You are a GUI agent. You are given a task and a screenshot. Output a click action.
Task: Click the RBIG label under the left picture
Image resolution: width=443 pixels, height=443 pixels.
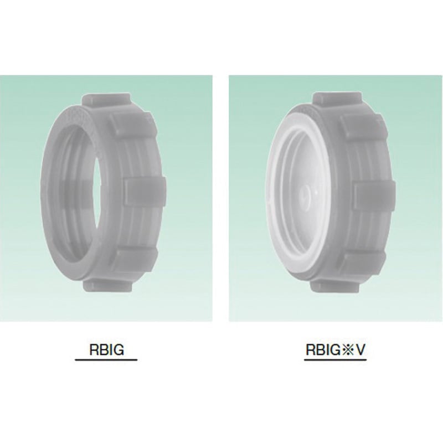106,349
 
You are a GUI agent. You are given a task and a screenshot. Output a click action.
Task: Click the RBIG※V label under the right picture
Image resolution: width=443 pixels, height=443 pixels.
336,350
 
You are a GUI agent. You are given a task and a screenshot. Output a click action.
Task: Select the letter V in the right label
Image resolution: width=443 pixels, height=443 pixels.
360,350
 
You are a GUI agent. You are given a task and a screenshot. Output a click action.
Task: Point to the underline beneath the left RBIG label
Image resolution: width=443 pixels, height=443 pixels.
106,360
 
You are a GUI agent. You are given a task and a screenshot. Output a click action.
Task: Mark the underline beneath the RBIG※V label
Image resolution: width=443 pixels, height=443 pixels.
336,360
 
